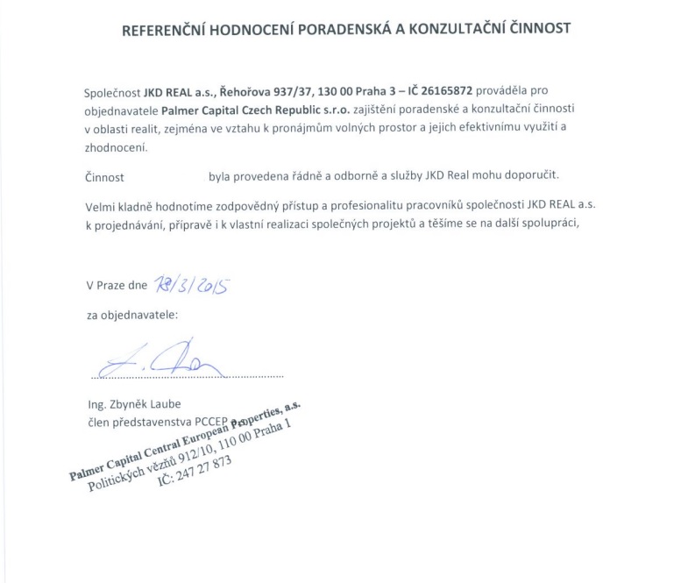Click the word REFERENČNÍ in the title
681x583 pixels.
[165, 27]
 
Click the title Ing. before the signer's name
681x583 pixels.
[96, 404]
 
